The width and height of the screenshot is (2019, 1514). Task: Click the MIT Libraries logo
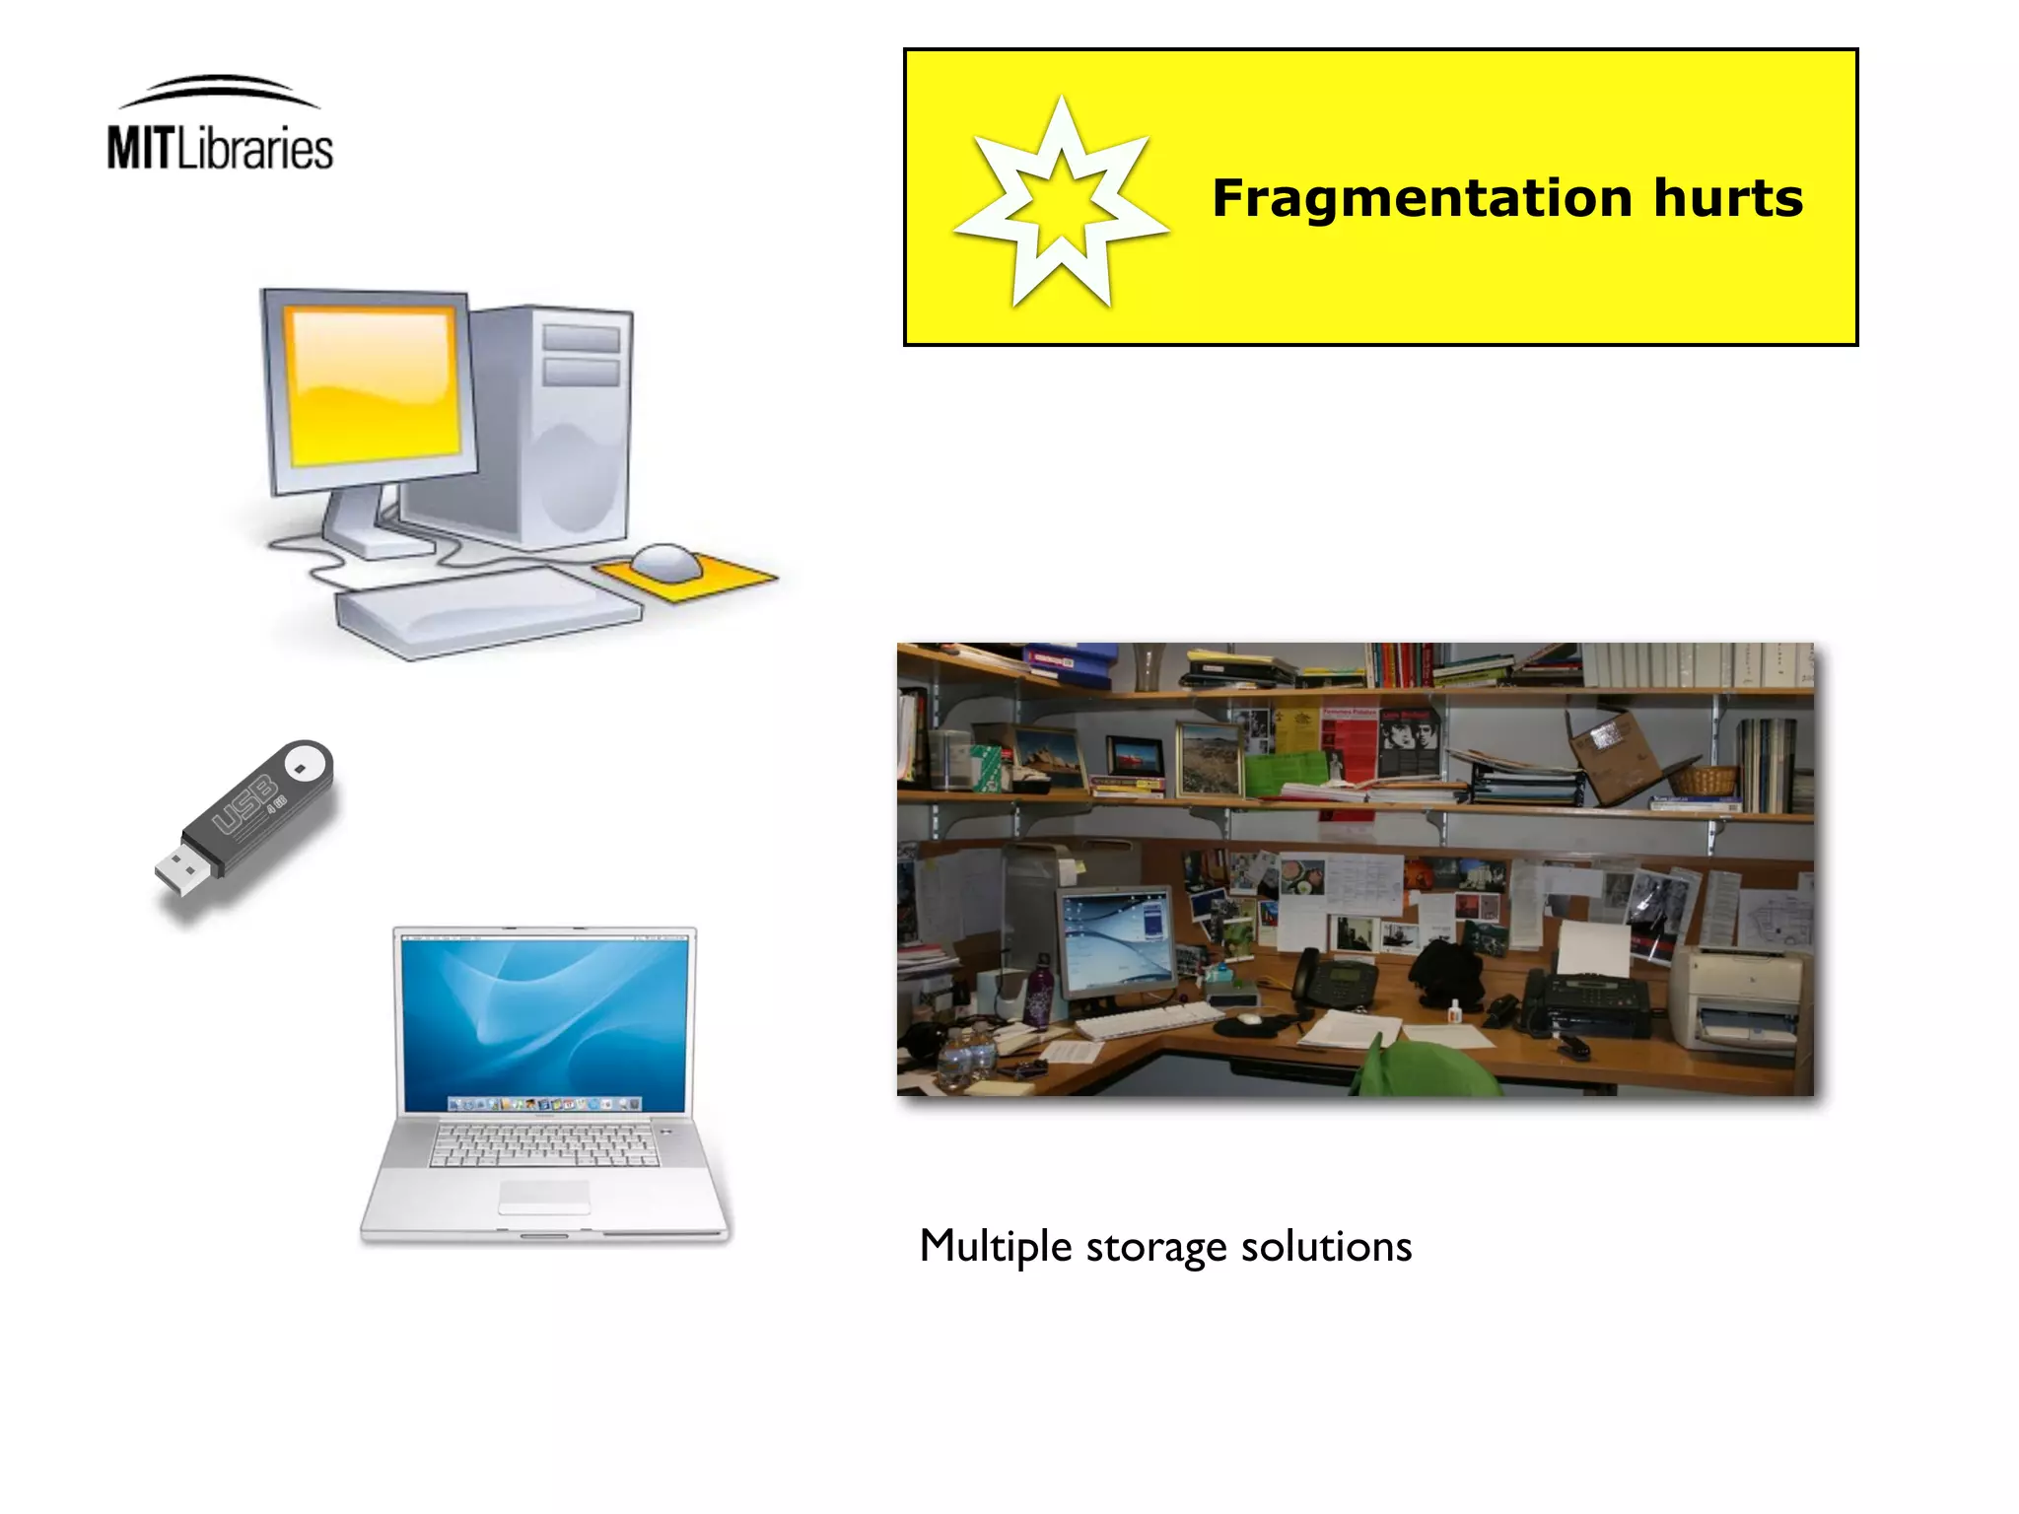[220, 126]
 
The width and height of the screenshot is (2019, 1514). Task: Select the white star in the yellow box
[1062, 203]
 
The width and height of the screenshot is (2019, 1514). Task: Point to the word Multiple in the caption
[995, 1247]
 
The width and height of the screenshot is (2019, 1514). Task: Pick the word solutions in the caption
[1326, 1247]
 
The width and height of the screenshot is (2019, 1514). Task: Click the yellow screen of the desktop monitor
[373, 385]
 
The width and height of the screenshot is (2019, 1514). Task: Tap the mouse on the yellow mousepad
[666, 562]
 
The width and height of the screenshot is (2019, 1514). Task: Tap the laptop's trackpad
[544, 1195]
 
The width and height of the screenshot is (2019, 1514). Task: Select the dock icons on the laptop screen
[544, 1104]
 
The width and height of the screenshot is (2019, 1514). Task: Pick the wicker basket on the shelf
[1702, 782]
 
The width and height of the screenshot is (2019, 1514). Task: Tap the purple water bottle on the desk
[1039, 992]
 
